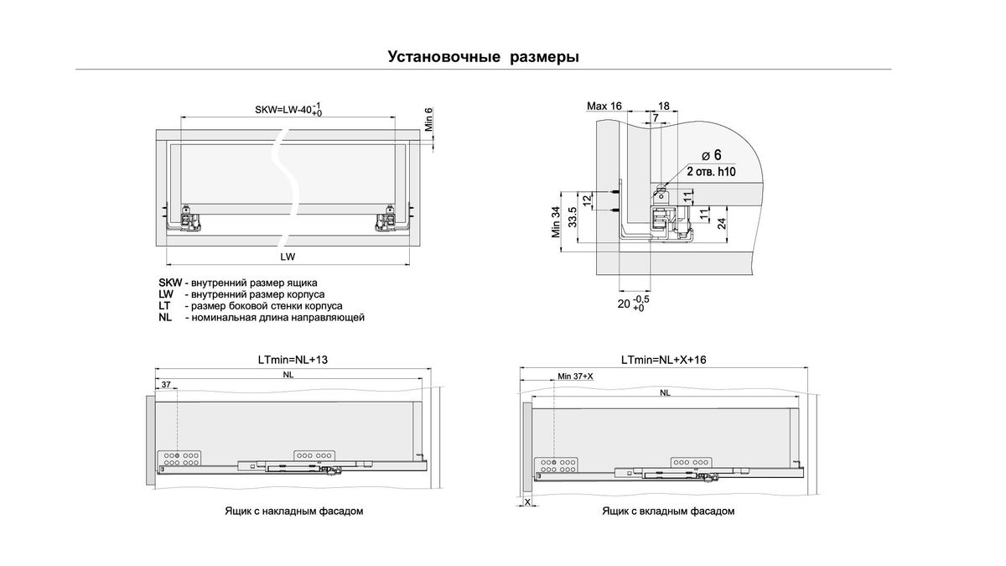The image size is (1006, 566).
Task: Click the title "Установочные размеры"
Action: [x=484, y=57]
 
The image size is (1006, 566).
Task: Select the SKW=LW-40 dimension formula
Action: [x=288, y=110]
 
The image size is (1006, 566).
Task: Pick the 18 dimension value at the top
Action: [x=664, y=106]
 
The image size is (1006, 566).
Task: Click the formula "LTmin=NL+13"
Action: [x=293, y=359]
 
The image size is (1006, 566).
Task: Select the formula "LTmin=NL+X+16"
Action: [x=665, y=359]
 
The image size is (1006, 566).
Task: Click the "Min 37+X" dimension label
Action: [x=575, y=376]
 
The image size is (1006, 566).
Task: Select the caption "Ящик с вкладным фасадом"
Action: [x=667, y=511]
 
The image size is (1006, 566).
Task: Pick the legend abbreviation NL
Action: [x=164, y=318]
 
